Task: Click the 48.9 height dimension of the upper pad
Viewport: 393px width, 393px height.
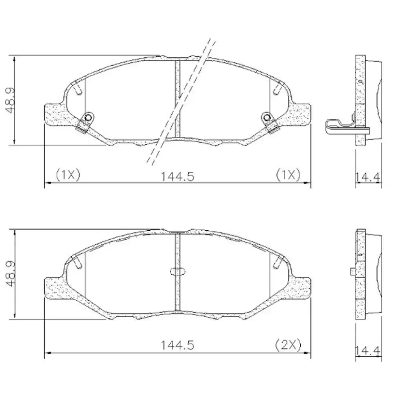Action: pyautogui.click(x=9, y=100)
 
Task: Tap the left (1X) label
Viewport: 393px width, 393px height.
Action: pyautogui.click(x=68, y=174)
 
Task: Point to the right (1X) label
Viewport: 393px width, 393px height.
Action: pyautogui.click(x=288, y=174)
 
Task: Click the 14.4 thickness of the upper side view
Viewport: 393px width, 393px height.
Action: pyautogui.click(x=368, y=178)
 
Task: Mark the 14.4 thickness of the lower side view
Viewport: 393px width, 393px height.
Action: pyautogui.click(x=368, y=350)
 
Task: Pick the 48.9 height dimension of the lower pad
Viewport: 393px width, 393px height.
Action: pyautogui.click(x=9, y=274)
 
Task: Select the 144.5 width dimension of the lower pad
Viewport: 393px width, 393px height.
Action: pyautogui.click(x=177, y=345)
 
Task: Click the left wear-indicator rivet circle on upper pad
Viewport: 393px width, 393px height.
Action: pyautogui.click(x=88, y=117)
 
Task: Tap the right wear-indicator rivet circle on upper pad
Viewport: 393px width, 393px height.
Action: pyautogui.click(x=267, y=117)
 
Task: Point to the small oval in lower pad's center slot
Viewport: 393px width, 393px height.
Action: pyautogui.click(x=178, y=271)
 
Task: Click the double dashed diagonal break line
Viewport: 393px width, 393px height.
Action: pyautogui.click(x=179, y=102)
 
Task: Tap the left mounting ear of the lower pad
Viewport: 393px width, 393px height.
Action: pyautogui.click(x=53, y=289)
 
